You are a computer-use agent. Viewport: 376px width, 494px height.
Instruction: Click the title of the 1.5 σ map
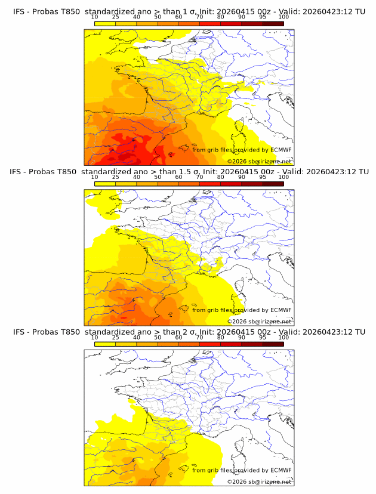[x=189, y=172]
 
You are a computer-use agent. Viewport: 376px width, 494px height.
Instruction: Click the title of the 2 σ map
[x=189, y=332]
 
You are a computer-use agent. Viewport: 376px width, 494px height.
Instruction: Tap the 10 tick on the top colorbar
[x=95, y=17]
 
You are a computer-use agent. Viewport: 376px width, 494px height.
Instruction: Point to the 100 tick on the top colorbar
[x=283, y=17]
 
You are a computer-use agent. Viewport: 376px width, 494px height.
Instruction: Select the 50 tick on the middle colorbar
[x=158, y=177]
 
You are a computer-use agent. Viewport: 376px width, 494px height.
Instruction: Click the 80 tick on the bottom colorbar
[x=221, y=338]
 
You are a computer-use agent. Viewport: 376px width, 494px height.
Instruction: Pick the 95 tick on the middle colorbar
[x=263, y=177]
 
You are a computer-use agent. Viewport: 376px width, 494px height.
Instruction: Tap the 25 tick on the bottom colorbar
[x=116, y=338]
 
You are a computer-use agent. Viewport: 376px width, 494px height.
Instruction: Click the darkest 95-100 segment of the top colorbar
[x=273, y=24]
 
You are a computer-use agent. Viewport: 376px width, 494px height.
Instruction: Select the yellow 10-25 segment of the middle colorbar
[x=105, y=184]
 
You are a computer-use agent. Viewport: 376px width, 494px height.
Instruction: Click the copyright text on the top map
[x=259, y=161]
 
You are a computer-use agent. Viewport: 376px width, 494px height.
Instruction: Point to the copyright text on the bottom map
[x=259, y=481]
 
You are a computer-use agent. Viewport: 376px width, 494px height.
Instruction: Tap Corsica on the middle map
[x=241, y=288]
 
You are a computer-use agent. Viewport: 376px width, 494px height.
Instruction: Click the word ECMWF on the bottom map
[x=281, y=470]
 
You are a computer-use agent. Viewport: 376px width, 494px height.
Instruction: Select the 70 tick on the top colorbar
[x=199, y=17]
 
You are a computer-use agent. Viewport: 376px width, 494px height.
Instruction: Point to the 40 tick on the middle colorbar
[x=137, y=177]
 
